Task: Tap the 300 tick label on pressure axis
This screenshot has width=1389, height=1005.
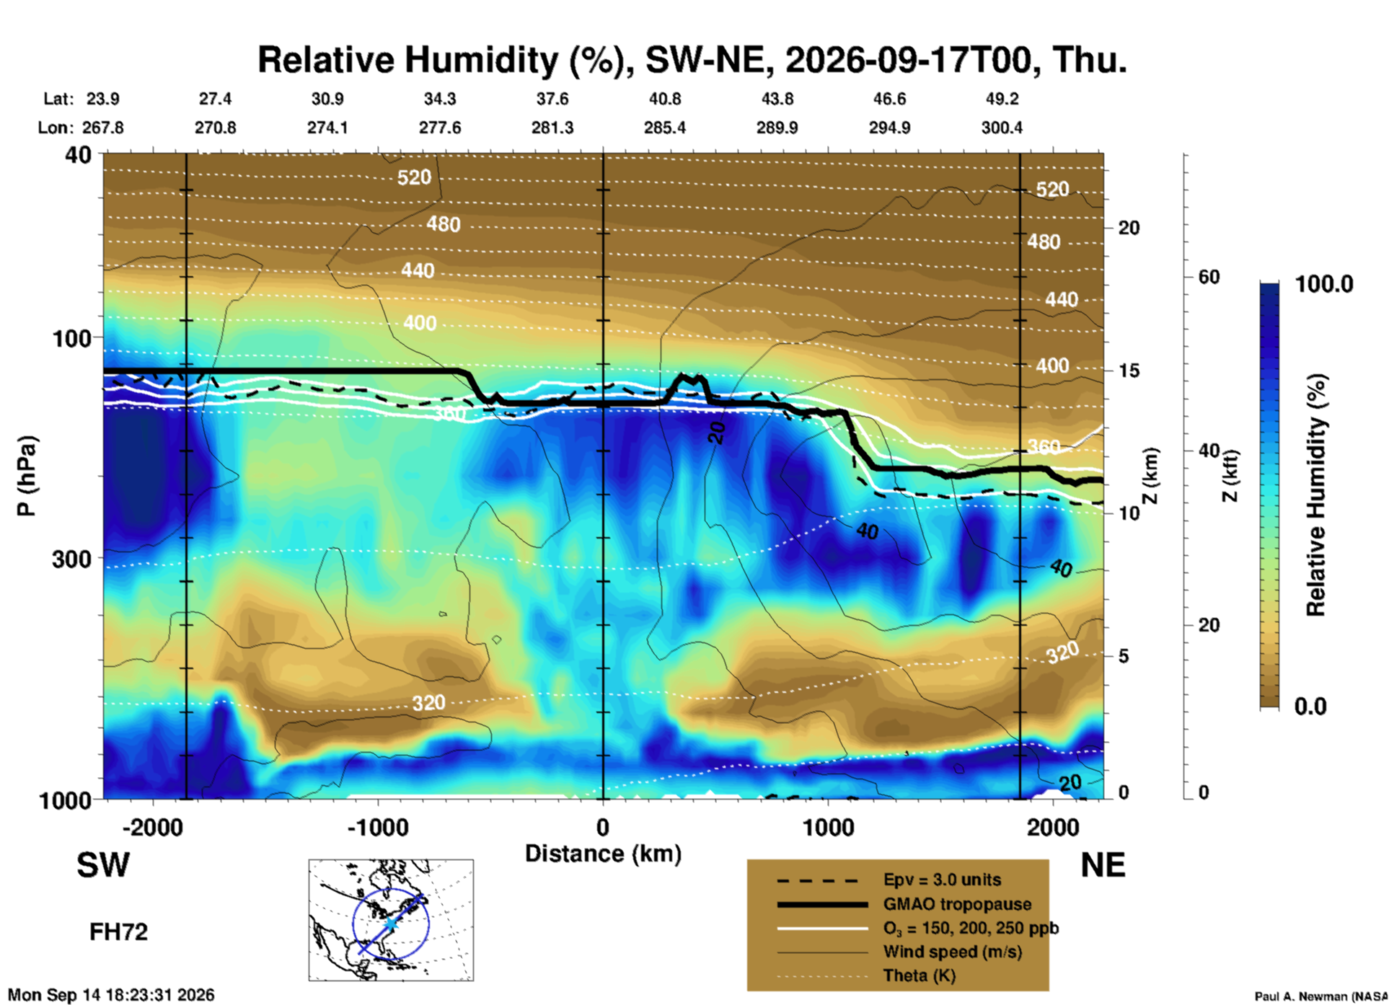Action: pos(71,559)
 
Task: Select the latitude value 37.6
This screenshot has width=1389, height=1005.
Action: pos(552,99)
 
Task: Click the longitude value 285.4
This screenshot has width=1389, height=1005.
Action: pos(665,128)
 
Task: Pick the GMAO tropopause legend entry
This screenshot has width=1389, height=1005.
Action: pos(957,904)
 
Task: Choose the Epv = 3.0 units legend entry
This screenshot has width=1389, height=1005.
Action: pos(942,880)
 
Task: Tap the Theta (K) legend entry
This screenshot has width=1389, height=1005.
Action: pos(920,975)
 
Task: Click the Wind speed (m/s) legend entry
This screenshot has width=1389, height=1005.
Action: pos(952,952)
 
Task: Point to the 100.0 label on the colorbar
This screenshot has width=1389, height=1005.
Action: pos(1324,284)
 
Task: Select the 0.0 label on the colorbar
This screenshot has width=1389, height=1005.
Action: pos(1310,707)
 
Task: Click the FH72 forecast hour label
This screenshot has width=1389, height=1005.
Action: pos(118,931)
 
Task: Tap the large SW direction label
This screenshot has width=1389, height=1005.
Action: pos(103,865)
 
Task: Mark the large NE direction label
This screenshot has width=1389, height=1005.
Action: pos(1103,865)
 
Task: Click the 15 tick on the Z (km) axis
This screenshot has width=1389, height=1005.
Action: pos(1129,371)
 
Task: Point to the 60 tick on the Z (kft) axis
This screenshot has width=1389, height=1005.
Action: pos(1209,277)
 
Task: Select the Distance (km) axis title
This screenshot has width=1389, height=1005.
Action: pos(603,854)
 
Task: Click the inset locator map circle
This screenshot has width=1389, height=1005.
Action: pos(391,886)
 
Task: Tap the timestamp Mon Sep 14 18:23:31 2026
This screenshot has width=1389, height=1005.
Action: pos(111,995)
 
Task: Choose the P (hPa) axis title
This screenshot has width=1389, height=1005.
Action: pos(27,476)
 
